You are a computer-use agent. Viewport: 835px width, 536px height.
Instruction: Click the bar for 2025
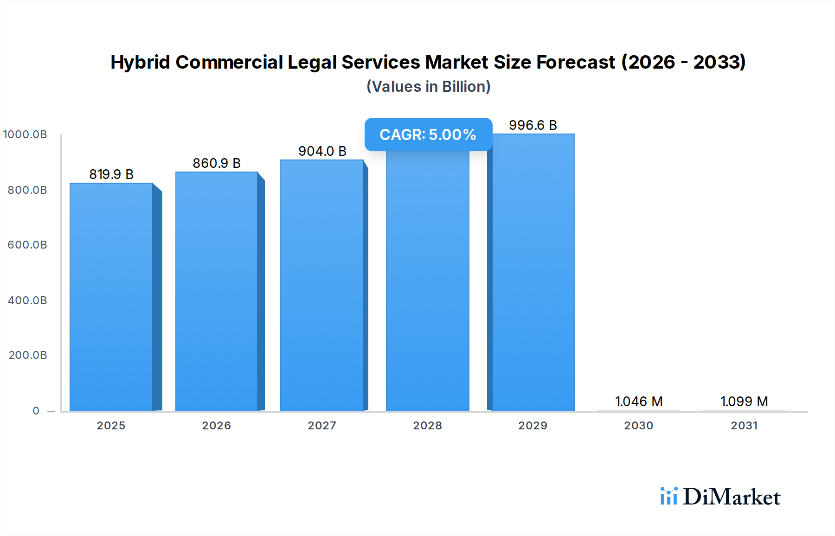(111, 297)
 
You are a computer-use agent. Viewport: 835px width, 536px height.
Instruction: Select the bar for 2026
(217, 291)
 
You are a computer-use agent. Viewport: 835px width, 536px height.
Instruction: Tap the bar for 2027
(322, 285)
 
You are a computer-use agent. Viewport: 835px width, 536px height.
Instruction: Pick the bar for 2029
(533, 272)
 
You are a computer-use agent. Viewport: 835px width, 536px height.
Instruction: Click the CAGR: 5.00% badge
(428, 134)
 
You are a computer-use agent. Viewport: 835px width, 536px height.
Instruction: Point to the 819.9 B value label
(111, 174)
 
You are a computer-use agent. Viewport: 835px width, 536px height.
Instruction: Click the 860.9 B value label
(217, 163)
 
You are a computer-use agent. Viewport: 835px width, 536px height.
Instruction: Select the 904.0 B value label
(322, 151)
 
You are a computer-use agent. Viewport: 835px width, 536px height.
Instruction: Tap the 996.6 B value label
(533, 125)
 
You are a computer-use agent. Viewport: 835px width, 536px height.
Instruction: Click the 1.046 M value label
(639, 402)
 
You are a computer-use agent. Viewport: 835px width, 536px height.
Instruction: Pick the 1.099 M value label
(744, 402)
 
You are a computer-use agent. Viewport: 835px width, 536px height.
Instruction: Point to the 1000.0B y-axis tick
(25, 134)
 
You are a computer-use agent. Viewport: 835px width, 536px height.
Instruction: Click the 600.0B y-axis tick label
(27, 245)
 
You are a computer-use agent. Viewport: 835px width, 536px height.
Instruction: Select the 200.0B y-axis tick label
(28, 355)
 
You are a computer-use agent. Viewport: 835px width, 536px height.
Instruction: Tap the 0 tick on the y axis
(36, 411)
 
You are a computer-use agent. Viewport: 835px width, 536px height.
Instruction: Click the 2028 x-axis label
(428, 426)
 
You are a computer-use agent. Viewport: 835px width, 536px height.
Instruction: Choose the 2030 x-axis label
(639, 426)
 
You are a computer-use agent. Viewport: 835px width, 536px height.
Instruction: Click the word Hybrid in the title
(140, 62)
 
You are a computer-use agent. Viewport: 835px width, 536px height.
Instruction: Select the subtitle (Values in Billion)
(428, 87)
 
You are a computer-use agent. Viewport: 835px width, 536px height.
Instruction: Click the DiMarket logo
(720, 497)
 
